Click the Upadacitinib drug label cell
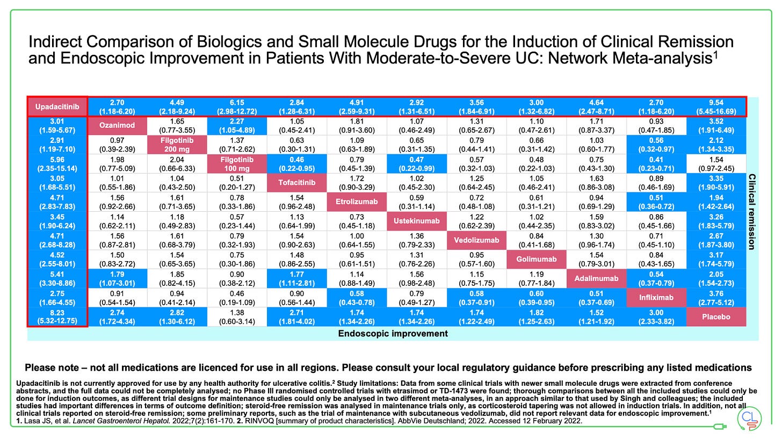(x=57, y=106)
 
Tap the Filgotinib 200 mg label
(x=177, y=145)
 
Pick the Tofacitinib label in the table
(x=297, y=183)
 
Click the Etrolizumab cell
(x=357, y=202)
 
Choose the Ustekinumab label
(x=416, y=221)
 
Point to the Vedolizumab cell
(x=476, y=240)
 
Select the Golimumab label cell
(x=535, y=259)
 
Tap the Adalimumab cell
(x=596, y=278)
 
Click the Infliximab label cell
(x=656, y=297)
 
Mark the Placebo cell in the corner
(x=716, y=316)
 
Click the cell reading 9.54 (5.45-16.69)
(x=716, y=106)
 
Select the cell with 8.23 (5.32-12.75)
(x=57, y=316)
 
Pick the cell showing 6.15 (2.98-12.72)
(x=237, y=106)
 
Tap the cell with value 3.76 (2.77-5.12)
(x=716, y=297)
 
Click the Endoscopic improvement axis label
(x=393, y=334)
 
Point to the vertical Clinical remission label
(x=752, y=212)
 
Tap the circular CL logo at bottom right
(x=750, y=419)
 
